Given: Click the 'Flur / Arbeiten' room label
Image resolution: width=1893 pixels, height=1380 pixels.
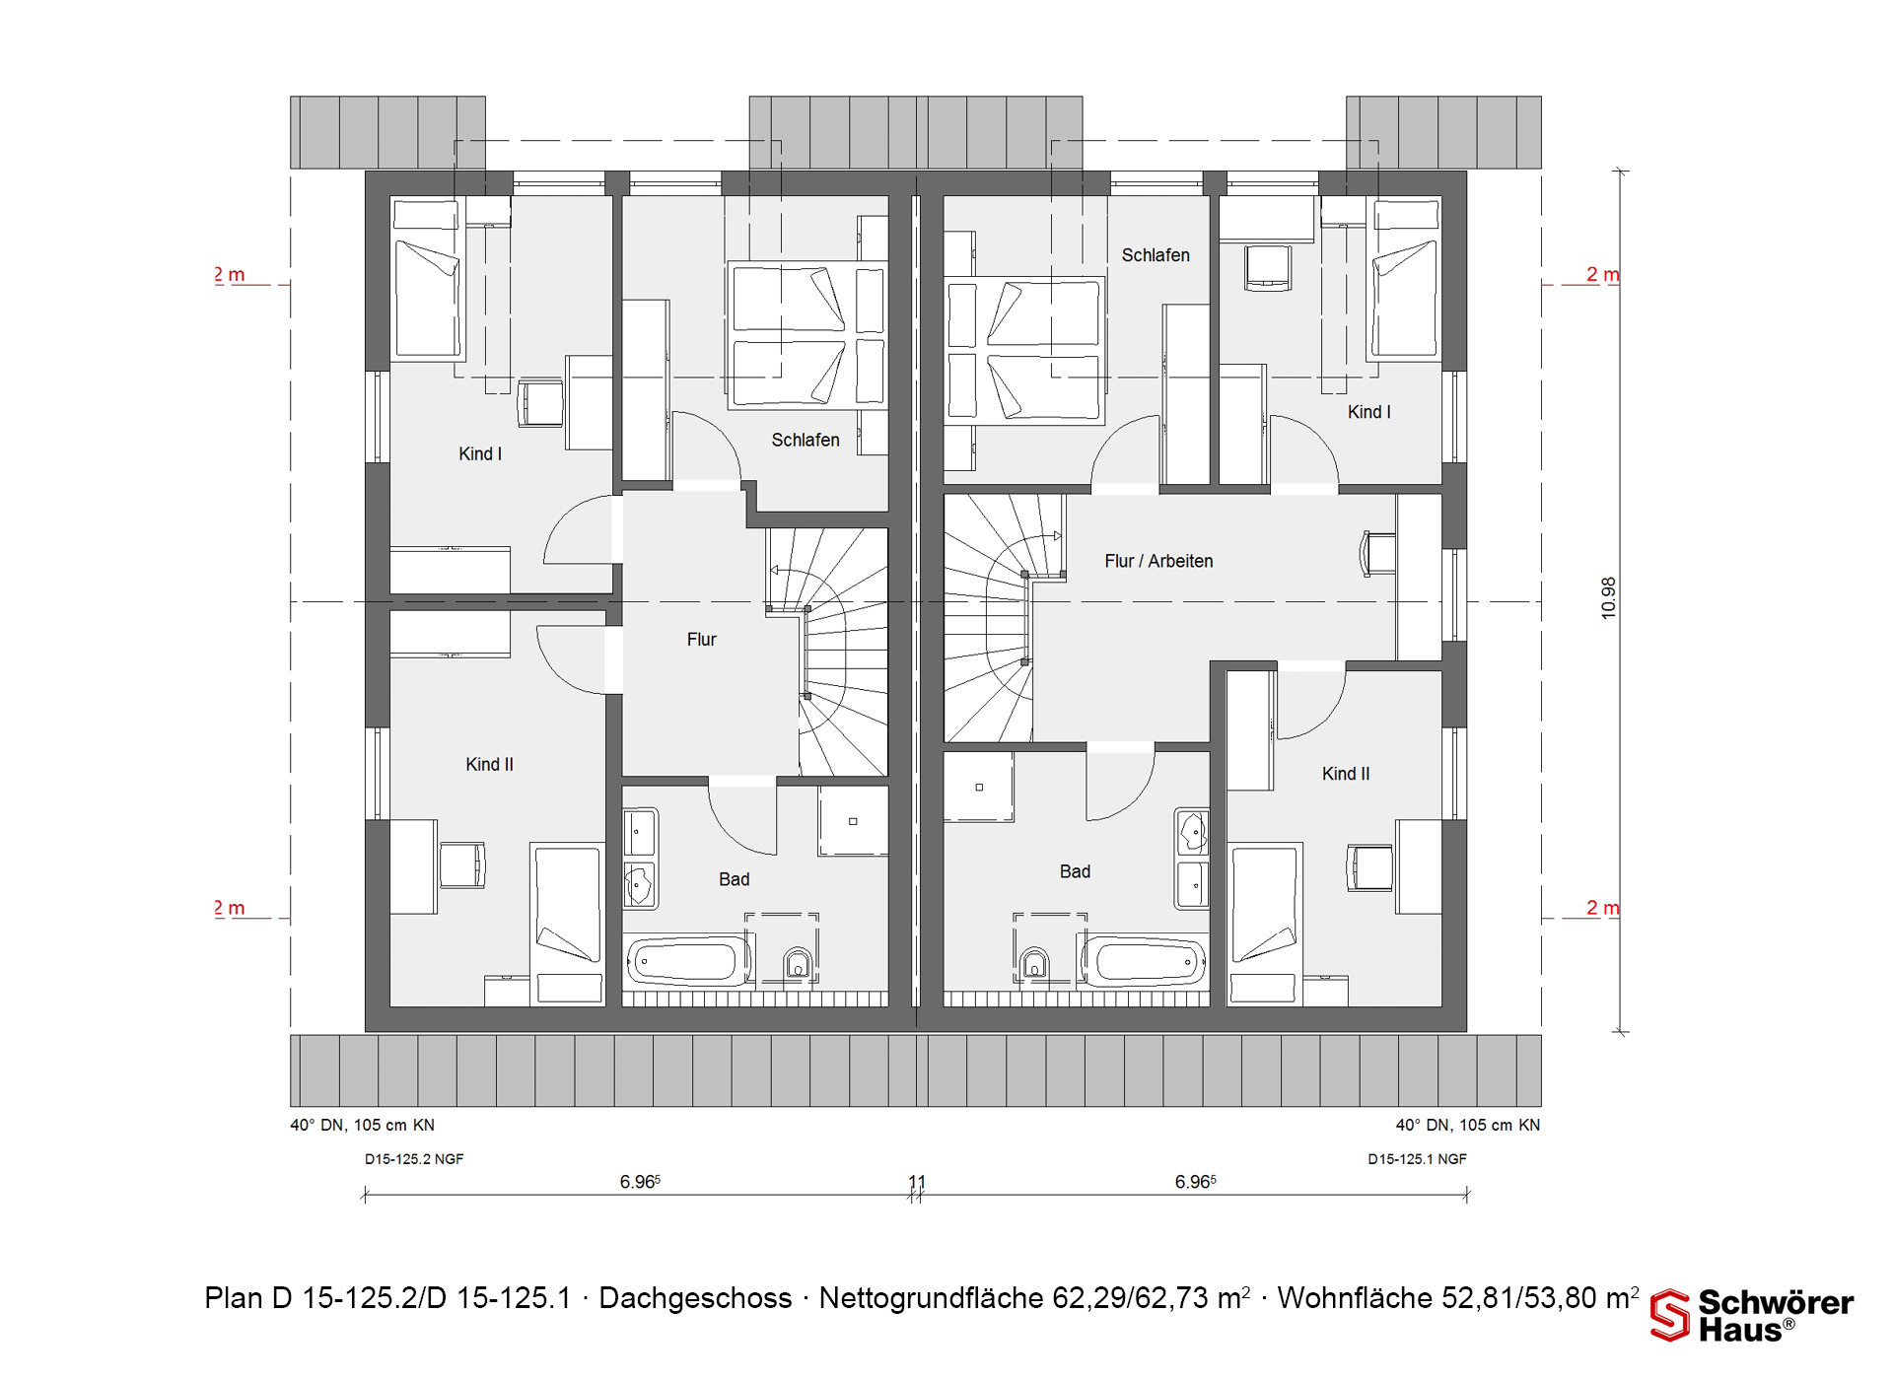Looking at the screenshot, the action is (x=1158, y=561).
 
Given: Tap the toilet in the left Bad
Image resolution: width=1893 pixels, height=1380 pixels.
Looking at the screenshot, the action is (x=798, y=963).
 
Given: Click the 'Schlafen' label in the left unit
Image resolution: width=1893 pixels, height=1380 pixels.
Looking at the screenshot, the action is (x=806, y=440).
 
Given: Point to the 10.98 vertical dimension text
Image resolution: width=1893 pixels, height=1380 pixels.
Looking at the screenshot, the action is (x=1609, y=598).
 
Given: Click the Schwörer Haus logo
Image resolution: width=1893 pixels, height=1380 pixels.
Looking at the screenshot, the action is (x=1752, y=1315).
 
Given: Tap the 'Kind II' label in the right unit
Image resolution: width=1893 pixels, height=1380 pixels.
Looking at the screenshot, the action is (x=1346, y=774).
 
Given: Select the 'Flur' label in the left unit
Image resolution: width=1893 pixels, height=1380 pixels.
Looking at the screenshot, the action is (x=701, y=640).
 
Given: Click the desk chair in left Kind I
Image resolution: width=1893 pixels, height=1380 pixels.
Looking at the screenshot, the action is (x=540, y=402).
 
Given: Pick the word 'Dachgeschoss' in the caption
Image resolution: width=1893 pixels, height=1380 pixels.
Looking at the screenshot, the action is (x=695, y=1298).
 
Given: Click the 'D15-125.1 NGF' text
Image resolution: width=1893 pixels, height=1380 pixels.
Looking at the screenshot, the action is (x=1417, y=1159).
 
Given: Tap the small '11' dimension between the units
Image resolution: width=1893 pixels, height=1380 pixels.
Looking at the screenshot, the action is (x=917, y=1182).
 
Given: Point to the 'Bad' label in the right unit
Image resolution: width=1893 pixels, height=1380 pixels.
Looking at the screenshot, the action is (x=1075, y=871).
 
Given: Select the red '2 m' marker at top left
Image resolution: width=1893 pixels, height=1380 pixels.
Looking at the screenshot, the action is (x=230, y=275).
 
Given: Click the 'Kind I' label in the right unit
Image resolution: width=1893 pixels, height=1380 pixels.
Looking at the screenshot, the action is (x=1369, y=412).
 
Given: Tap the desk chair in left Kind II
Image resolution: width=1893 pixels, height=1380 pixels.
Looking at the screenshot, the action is (x=462, y=865).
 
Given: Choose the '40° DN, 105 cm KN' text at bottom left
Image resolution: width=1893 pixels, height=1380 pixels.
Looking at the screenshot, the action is (x=362, y=1125).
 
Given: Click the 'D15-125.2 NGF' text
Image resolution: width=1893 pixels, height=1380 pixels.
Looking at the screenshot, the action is (x=414, y=1159).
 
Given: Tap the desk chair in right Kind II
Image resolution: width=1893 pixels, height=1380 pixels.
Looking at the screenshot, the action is (x=1370, y=867).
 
